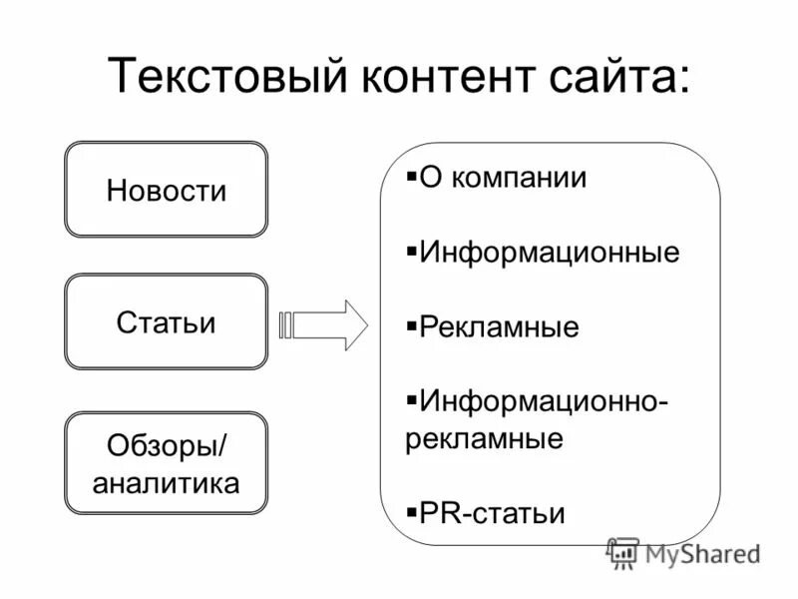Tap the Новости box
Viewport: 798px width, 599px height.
[x=167, y=190]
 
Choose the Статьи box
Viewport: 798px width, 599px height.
[x=167, y=322]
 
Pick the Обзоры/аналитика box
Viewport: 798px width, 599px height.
[x=167, y=463]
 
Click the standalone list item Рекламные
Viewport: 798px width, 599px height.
[x=499, y=327]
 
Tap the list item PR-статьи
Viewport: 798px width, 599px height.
[x=492, y=513]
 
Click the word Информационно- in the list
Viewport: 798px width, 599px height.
[x=545, y=401]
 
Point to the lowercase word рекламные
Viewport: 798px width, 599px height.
[x=485, y=438]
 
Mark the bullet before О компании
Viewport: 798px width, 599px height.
[x=412, y=176]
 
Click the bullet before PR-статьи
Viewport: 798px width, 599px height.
[x=412, y=511]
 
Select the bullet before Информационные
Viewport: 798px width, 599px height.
[x=412, y=250]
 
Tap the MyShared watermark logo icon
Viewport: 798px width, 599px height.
[x=623, y=552]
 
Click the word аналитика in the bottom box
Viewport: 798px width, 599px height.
[x=167, y=483]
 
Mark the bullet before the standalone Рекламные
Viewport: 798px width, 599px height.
[x=412, y=325]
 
